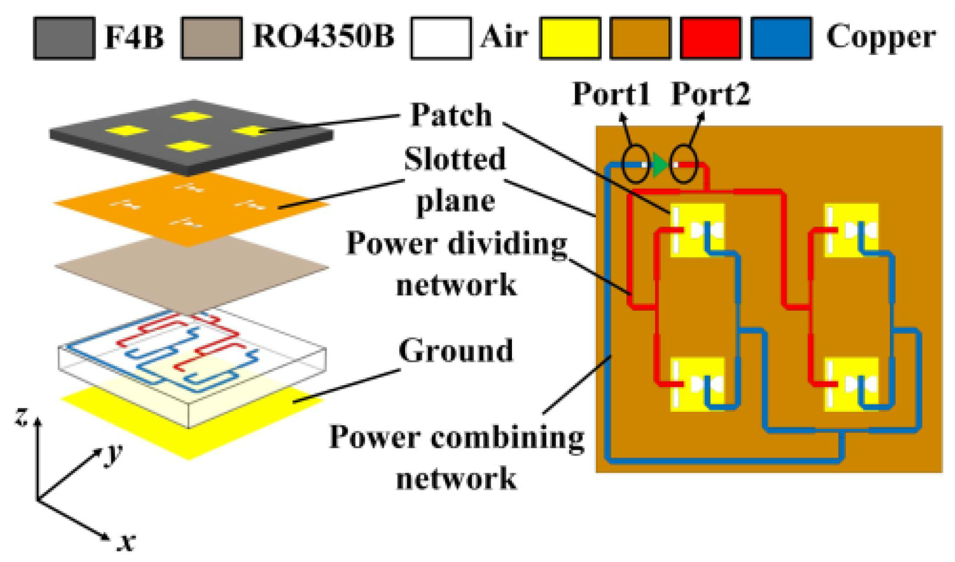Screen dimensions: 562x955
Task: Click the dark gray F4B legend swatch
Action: click(x=64, y=37)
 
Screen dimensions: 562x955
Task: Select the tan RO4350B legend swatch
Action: click(x=211, y=37)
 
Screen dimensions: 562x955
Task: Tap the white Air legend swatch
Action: click(x=441, y=37)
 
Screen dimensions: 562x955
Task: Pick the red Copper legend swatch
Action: click(x=711, y=37)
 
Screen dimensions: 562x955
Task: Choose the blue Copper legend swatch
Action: click(x=781, y=37)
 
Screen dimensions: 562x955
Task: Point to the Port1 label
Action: click(x=611, y=94)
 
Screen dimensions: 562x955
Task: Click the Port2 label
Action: click(x=710, y=94)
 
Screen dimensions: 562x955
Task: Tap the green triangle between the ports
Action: click(x=661, y=165)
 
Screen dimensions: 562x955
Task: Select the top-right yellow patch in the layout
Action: click(x=851, y=230)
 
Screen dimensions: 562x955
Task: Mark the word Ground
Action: click(x=455, y=351)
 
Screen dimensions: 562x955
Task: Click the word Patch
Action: click(x=451, y=115)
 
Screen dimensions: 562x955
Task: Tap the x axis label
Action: click(x=126, y=542)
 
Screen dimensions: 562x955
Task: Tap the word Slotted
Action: click(x=454, y=159)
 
